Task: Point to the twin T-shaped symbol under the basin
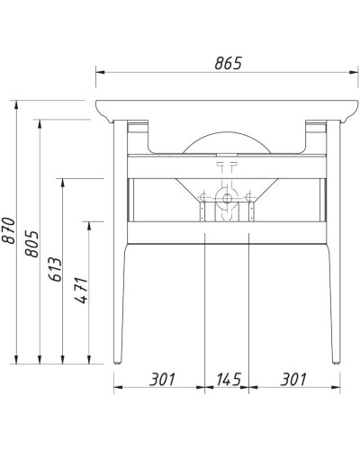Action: point(225,166)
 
